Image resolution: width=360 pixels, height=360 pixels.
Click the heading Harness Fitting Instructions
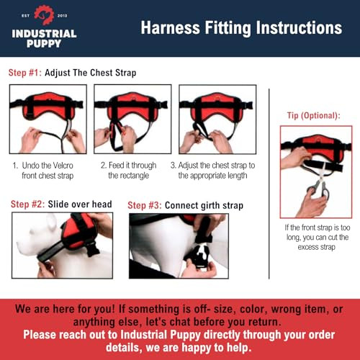click(x=240, y=29)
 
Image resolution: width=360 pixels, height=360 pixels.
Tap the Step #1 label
click(x=24, y=73)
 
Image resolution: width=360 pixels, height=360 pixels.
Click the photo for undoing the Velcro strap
click(x=48, y=119)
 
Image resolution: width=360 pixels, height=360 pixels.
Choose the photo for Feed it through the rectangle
click(x=132, y=119)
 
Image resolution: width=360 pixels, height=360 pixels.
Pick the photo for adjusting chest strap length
click(x=217, y=119)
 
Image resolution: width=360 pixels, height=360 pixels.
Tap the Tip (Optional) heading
click(x=314, y=115)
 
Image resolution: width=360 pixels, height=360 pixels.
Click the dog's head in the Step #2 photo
click(x=36, y=234)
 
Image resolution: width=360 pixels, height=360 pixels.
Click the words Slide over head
click(x=79, y=204)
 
